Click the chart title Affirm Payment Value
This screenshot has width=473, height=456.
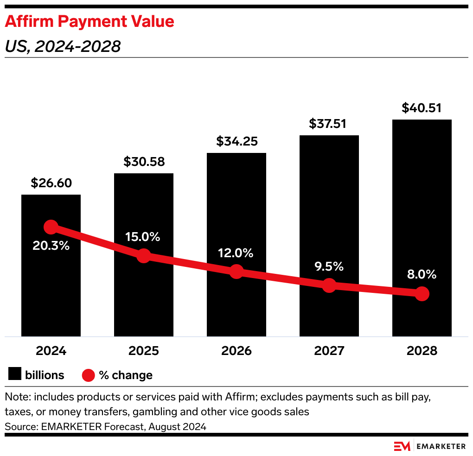click(89, 22)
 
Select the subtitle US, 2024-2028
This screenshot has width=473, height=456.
click(63, 46)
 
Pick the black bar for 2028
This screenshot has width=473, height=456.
click(422, 209)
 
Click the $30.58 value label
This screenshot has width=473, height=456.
click(144, 162)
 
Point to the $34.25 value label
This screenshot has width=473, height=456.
click(236, 141)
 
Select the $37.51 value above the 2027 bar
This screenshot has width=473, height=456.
click(329, 124)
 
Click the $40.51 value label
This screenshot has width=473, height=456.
click(422, 108)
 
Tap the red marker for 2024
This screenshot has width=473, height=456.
click(51, 227)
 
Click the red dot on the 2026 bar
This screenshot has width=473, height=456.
click(236, 272)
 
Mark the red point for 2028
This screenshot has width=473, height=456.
click(422, 293)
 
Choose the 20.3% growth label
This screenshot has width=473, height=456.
click(51, 246)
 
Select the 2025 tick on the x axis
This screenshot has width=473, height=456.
click(144, 351)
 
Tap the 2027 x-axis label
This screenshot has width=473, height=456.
click(329, 351)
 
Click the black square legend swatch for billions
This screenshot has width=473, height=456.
click(15, 374)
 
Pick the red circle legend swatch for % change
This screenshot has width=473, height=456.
click(89, 375)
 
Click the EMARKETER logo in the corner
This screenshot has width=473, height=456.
click(429, 446)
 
